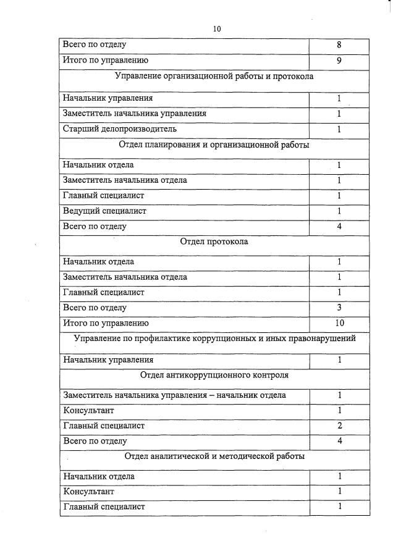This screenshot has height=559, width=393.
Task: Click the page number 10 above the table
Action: click(216, 29)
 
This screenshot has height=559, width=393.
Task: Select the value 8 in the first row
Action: click(339, 45)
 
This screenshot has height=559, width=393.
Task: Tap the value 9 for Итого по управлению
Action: click(339, 61)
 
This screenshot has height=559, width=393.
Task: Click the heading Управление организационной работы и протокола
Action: click(214, 77)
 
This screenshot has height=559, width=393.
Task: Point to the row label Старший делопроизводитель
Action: click(120, 129)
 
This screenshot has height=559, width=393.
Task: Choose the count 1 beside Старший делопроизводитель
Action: click(339, 129)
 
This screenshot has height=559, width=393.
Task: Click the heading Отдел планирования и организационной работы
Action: click(214, 145)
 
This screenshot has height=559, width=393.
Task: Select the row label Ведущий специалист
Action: click(104, 211)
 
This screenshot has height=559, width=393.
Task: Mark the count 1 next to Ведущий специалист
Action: click(339, 211)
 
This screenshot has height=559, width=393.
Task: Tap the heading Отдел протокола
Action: click(214, 242)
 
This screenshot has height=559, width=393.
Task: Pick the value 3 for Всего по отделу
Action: click(339, 308)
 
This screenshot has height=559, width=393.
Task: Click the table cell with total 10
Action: click(339, 323)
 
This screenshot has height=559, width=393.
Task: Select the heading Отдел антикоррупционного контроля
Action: click(214, 374)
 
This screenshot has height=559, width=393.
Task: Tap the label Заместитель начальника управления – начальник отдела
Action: click(174, 395)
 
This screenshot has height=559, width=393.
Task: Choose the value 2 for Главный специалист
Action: click(339, 426)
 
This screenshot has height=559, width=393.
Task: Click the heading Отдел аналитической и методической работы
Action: click(214, 456)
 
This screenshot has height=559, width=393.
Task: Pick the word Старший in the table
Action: click(78, 129)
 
